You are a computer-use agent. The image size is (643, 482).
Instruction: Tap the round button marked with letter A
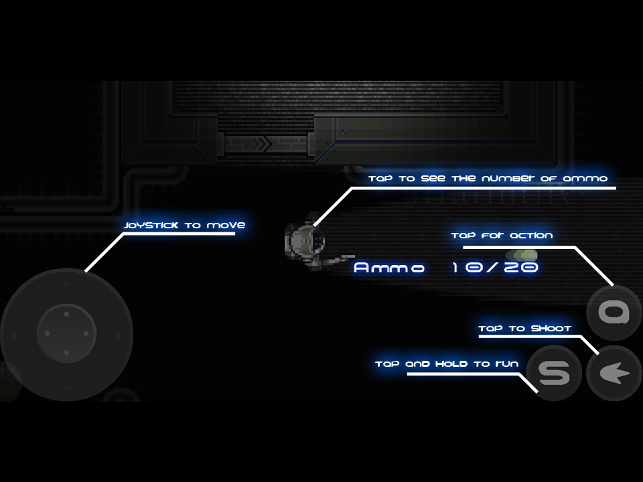(x=614, y=312)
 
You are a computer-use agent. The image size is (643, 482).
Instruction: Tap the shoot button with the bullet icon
(x=614, y=374)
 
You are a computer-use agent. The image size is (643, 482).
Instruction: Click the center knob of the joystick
(x=66, y=332)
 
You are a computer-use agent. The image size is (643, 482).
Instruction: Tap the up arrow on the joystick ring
(x=66, y=285)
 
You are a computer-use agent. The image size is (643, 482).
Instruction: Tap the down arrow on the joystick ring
(x=66, y=387)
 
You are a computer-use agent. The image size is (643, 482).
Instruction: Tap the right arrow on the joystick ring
(x=119, y=335)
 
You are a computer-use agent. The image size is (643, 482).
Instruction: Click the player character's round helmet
(x=307, y=238)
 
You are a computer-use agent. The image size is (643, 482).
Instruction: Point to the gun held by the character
(x=338, y=259)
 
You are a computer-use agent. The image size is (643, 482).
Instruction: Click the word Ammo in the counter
(x=389, y=268)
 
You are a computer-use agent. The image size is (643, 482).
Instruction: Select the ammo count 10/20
(x=495, y=268)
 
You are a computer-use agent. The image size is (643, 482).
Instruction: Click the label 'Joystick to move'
(x=184, y=226)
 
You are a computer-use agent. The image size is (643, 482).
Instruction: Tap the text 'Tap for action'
(x=502, y=236)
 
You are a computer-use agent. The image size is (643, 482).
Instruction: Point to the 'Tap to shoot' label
(x=524, y=329)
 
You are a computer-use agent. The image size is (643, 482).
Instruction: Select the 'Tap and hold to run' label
(x=447, y=364)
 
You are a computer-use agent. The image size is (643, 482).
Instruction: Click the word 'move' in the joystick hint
(x=226, y=226)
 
